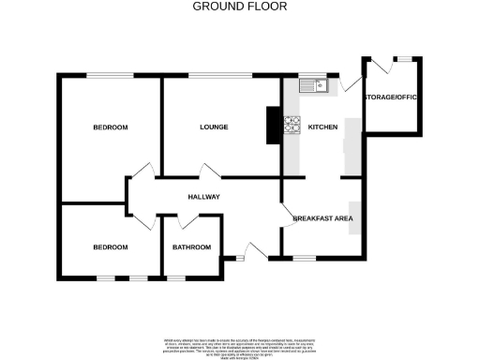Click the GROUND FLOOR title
point(240,7)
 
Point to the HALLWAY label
point(203,197)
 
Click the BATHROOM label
point(191,247)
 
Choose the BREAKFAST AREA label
point(322,217)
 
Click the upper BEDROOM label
point(110,127)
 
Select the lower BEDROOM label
point(110,247)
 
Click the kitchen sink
point(311,87)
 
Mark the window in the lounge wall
point(219,75)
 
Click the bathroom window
point(176,277)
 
